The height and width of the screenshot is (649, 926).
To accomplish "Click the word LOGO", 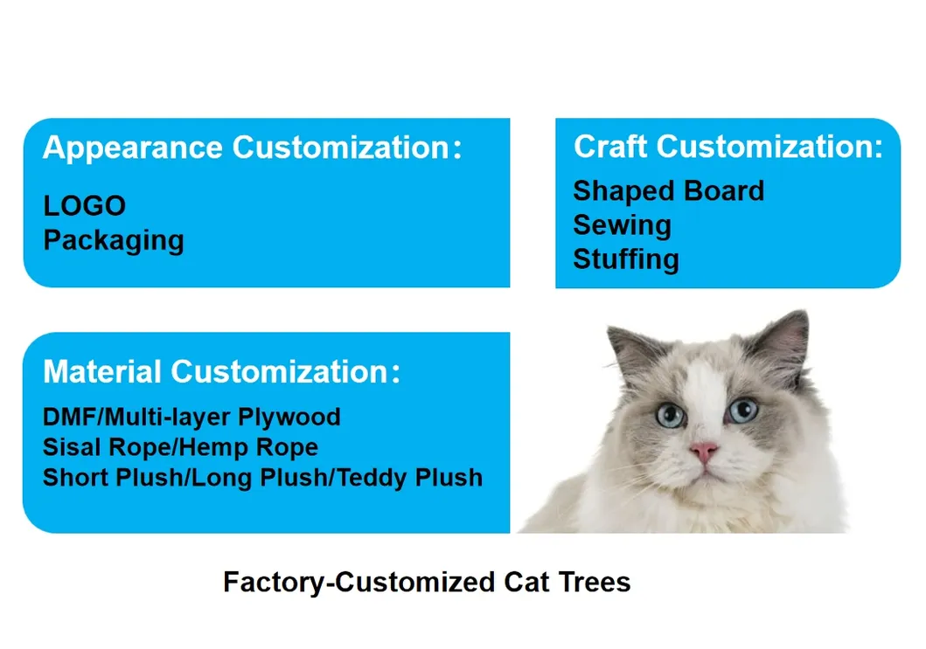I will coord(85,206).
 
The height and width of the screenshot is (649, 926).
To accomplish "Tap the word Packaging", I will coord(114,240).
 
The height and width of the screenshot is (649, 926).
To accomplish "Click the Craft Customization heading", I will coord(728,147).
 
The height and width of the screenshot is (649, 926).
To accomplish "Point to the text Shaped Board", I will coord(668,190).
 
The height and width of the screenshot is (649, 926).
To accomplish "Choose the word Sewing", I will coord(622,225).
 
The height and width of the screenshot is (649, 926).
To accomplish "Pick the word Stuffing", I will coord(625,259).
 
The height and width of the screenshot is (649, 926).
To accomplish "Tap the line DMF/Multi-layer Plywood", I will coord(191,417).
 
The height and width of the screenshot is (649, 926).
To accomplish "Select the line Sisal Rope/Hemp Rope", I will coord(180,447).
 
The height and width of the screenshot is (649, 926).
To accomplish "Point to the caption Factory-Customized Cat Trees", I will coord(427,582).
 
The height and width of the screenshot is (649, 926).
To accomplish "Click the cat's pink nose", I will coord(705,452).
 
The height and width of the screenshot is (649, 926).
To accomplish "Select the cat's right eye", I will coord(742,408).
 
